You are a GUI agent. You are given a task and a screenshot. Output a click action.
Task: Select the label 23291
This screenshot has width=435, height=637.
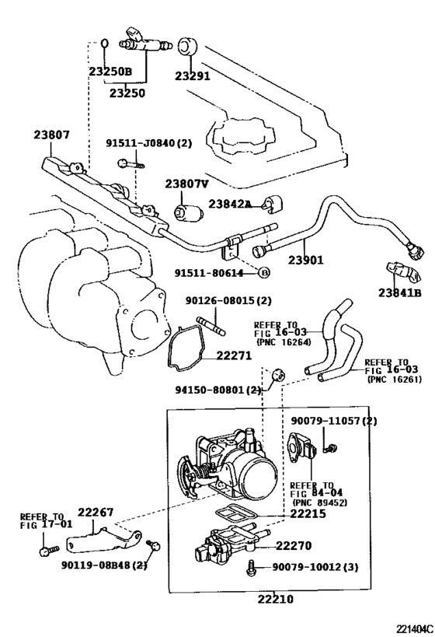click(193, 75)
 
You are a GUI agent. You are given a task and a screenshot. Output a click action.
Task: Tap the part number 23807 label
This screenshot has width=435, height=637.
click(51, 135)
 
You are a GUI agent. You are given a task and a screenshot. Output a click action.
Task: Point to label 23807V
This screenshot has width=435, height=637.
click(186, 184)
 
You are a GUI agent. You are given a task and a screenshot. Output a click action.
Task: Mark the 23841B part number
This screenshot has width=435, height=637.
click(400, 292)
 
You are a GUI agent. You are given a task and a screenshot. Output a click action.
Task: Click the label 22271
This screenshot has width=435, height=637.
click(234, 355)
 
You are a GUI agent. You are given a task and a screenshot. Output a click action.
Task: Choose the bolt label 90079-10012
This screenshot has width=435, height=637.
click(315, 569)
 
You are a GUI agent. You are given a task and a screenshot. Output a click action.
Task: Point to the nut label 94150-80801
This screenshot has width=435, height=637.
click(218, 390)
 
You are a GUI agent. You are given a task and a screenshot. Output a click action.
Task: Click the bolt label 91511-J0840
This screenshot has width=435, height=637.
click(148, 143)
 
